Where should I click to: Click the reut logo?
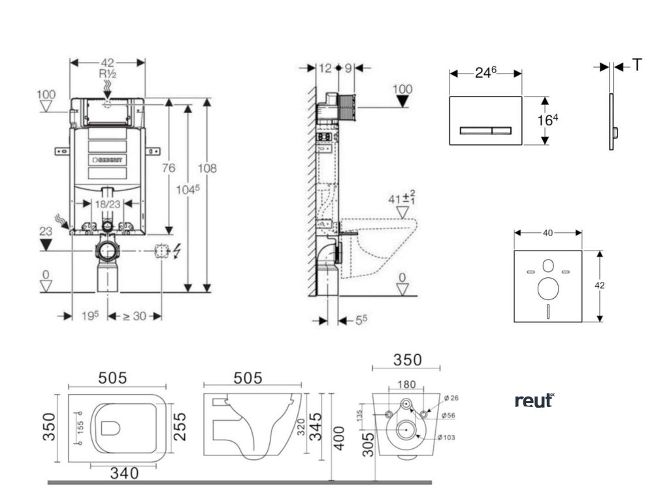pyautogui.click(x=534, y=400)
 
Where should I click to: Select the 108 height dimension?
pyautogui.click(x=208, y=168)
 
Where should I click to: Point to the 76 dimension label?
pyautogui.click(x=169, y=168)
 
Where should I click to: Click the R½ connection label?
pyautogui.click(x=107, y=74)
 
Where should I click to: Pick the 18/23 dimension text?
pyautogui.click(x=108, y=204)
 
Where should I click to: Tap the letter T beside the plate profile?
pyautogui.click(x=637, y=65)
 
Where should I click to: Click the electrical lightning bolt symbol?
pyautogui.click(x=172, y=251)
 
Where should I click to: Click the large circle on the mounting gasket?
pyautogui.click(x=547, y=287)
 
